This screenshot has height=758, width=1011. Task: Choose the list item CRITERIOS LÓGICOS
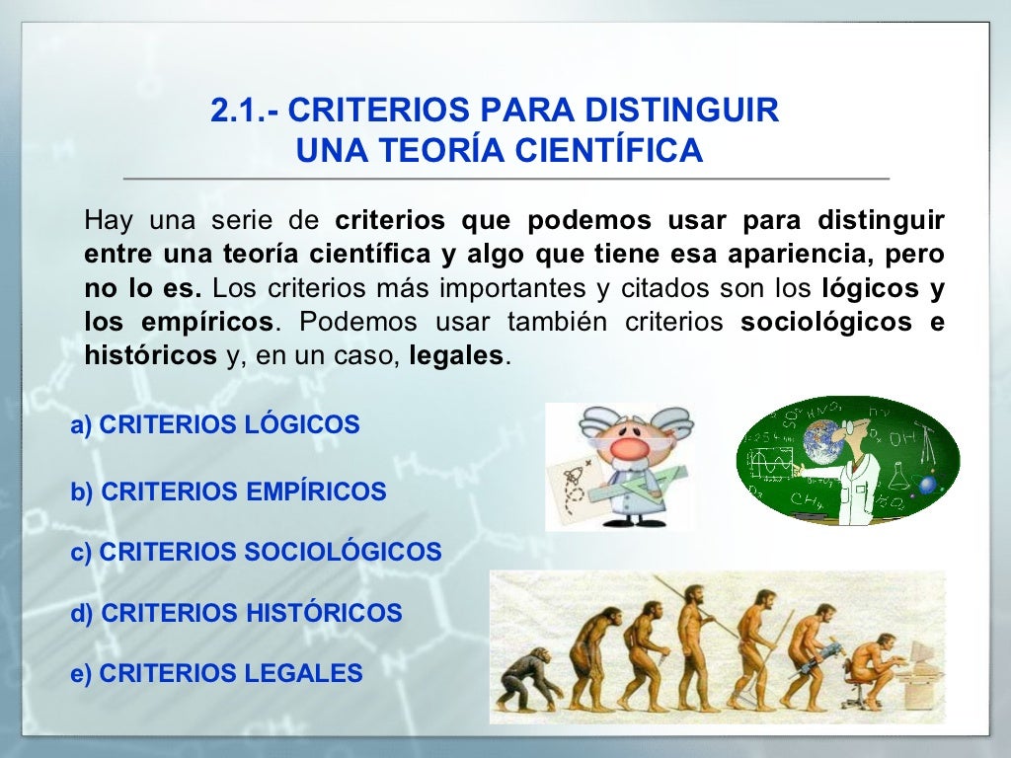(x=215, y=425)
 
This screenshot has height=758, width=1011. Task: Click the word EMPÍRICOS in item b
(x=316, y=492)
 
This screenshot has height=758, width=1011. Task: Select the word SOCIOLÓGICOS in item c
(x=343, y=552)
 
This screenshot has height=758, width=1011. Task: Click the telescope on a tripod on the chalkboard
(x=926, y=444)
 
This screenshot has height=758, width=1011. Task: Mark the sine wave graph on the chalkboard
(x=773, y=461)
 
